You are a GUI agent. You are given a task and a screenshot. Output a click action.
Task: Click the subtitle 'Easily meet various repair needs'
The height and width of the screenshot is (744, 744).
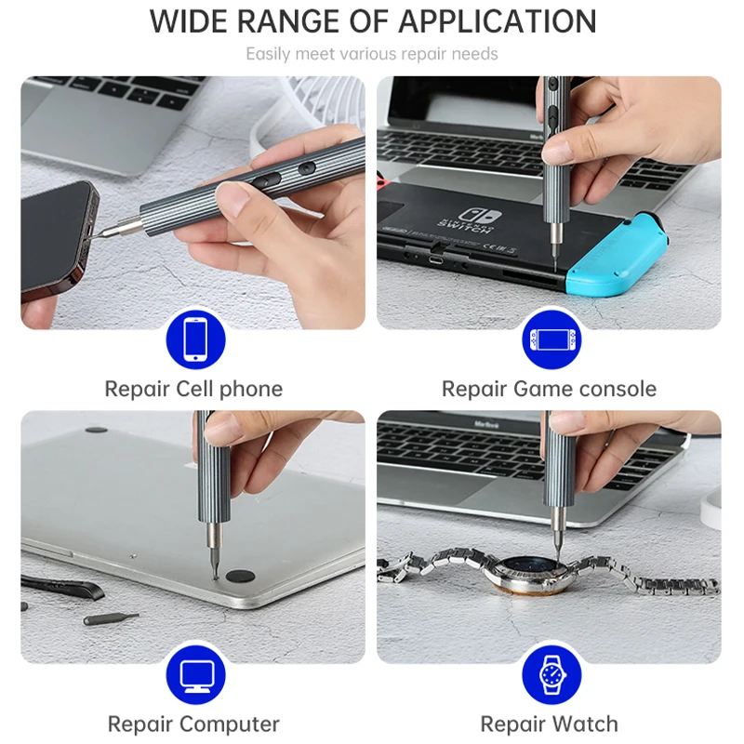pos(371,54)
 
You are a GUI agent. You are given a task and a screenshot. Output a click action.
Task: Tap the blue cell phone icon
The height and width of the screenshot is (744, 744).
pos(195,339)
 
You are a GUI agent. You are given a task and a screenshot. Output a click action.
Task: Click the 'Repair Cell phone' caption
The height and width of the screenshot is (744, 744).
pos(193,389)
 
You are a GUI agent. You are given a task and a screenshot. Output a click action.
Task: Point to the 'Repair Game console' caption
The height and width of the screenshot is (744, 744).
pos(549,389)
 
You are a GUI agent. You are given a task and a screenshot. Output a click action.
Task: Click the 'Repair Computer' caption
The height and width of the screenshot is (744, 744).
pos(193,724)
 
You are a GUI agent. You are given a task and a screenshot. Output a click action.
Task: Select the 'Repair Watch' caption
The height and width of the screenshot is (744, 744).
pos(549,724)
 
